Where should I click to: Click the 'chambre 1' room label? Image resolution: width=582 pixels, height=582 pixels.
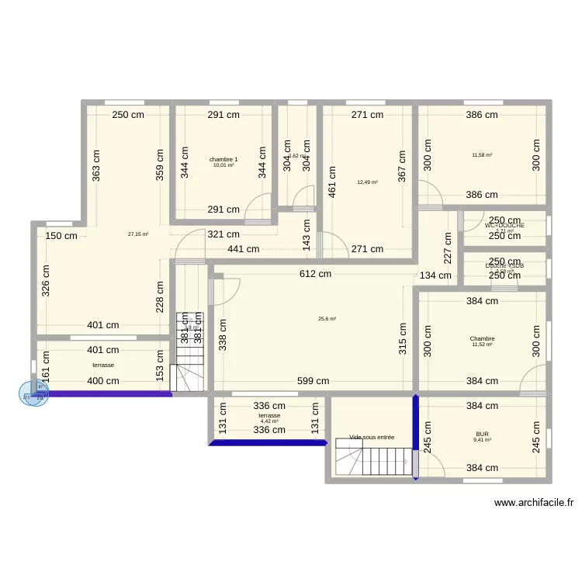[223, 160]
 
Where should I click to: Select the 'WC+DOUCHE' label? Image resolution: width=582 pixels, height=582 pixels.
[504, 225]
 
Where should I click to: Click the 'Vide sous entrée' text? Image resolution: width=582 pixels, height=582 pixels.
[372, 437]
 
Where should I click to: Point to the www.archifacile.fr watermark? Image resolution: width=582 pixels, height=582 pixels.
[534, 502]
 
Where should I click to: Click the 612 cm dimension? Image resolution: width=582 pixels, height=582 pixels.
[316, 274]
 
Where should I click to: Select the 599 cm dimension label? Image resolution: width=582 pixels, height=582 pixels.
[313, 381]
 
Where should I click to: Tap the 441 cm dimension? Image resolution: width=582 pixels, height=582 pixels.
[243, 249]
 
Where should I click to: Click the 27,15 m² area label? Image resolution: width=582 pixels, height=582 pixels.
[138, 234]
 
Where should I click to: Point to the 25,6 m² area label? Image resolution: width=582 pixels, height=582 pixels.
[327, 318]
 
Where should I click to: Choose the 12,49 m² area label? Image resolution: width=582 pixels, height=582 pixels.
[367, 182]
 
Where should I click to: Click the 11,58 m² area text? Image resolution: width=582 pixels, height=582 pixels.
[482, 154]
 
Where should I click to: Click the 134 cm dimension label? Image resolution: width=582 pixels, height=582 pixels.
[435, 275]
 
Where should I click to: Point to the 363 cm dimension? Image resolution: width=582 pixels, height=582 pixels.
[95, 164]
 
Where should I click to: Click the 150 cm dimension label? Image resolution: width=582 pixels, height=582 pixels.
[61, 237]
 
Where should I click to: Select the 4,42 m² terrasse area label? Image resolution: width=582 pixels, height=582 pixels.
[269, 421]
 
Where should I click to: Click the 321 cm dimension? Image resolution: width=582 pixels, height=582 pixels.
[222, 234]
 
